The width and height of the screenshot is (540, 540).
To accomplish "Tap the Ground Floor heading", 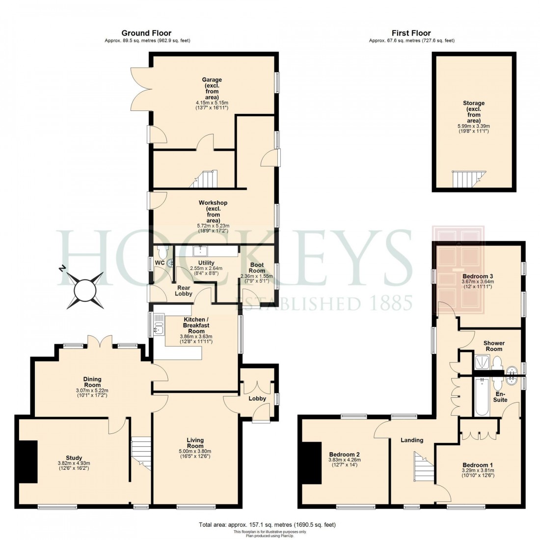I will [146, 33].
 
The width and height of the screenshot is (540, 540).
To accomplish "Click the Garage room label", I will [212, 80].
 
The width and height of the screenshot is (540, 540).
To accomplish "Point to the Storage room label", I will [474, 103].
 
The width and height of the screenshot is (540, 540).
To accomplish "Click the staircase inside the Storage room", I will [468, 179].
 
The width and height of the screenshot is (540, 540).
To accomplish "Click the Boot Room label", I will [257, 268].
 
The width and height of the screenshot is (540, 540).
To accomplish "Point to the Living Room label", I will [195, 440].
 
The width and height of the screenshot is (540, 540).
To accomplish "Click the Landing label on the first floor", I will [411, 440].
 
